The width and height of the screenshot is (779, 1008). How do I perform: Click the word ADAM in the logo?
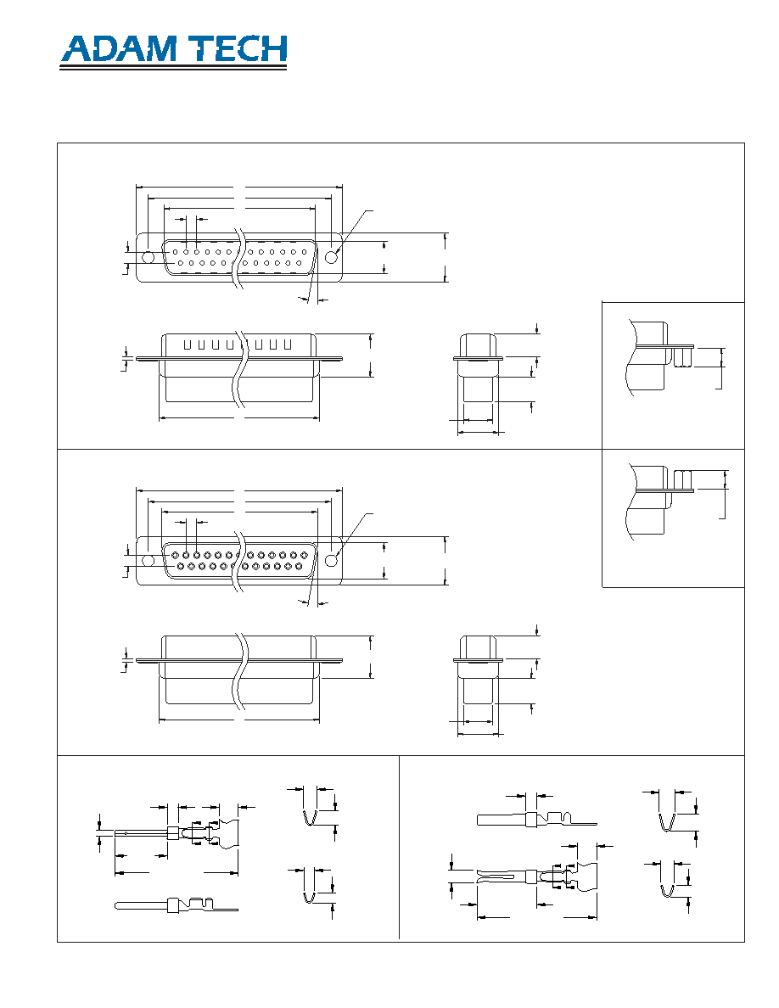click(119, 49)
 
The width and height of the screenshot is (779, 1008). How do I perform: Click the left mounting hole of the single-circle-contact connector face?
click(148, 257)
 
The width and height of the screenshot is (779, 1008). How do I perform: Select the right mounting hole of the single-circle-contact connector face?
click(331, 257)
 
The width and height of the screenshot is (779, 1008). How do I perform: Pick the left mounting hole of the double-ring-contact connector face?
click(148, 561)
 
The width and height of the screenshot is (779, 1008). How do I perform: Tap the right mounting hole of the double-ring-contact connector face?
click(331, 561)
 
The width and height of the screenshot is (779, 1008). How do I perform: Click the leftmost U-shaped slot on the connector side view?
click(188, 345)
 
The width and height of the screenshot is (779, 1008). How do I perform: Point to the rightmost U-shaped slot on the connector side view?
click(288, 345)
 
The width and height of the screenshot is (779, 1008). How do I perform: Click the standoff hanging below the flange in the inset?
click(683, 357)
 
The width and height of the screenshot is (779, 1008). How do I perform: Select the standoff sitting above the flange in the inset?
click(682, 479)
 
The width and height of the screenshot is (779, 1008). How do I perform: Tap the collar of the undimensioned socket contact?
click(531, 820)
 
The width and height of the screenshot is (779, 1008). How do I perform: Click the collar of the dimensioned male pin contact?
click(171, 834)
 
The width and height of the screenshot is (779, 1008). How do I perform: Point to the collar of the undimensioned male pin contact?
click(172, 905)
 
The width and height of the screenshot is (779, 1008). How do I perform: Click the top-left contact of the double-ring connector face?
click(175, 555)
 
